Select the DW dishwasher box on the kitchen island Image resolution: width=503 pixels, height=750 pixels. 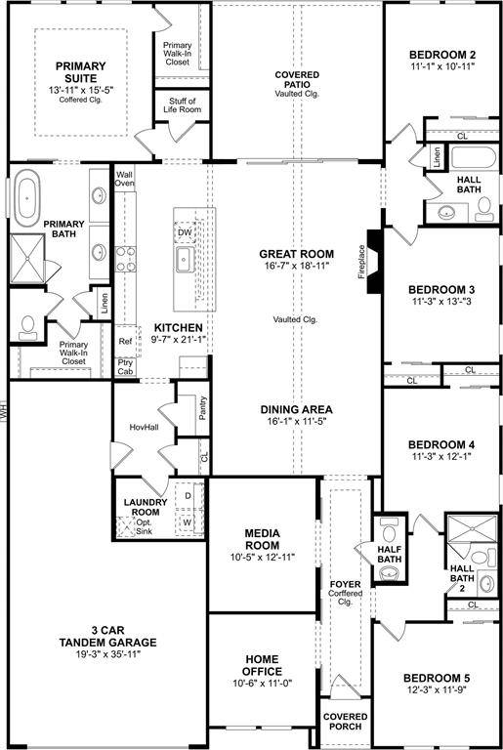(185, 232)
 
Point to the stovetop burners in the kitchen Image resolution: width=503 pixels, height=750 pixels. (126, 258)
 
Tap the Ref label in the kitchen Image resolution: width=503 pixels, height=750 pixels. (124, 342)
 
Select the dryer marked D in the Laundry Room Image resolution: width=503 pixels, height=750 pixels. (188, 497)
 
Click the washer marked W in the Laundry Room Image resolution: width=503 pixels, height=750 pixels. (188, 523)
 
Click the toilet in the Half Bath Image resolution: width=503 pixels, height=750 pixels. (391, 536)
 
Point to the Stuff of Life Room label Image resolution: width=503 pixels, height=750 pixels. (182, 106)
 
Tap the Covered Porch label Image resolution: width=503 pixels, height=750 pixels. (345, 721)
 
